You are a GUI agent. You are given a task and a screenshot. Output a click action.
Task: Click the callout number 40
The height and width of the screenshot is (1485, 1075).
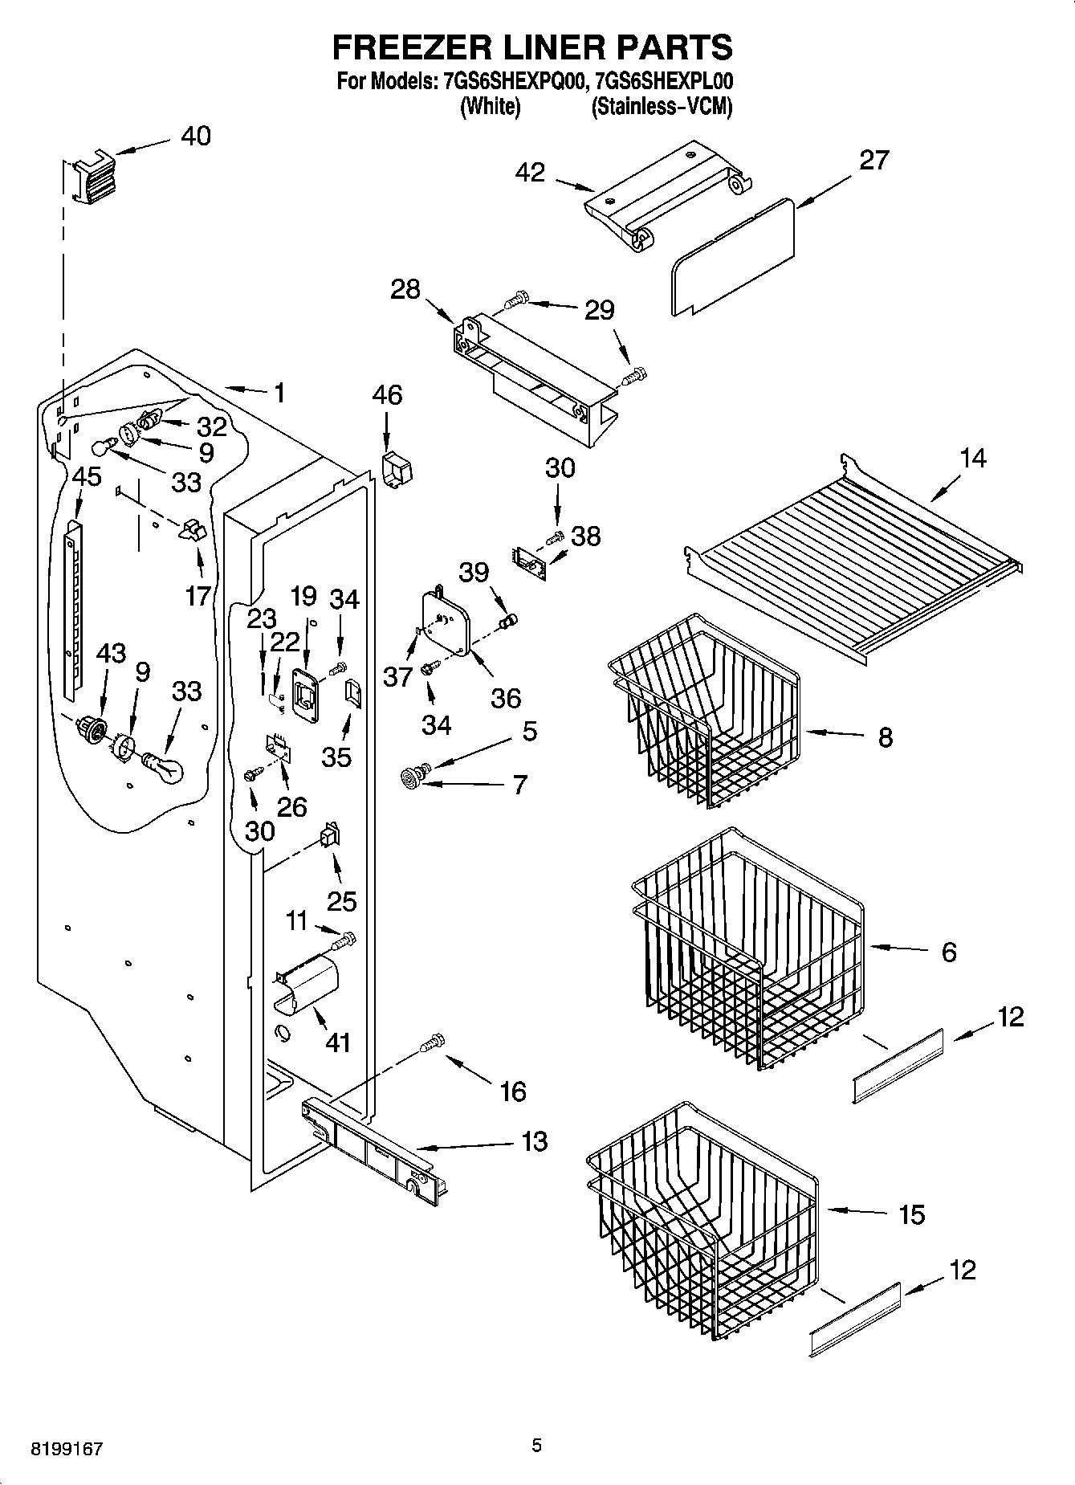pos(195,136)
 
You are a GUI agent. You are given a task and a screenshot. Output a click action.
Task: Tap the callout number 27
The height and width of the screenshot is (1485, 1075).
pos(873,160)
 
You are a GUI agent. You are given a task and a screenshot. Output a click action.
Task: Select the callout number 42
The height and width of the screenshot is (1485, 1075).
pos(530,172)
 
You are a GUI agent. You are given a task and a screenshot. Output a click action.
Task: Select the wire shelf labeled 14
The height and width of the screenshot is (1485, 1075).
pos(855,558)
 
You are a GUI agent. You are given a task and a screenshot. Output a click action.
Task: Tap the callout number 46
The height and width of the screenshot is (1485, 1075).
pos(387,394)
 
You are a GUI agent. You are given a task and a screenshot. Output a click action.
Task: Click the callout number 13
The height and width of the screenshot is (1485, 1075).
pos(533,1141)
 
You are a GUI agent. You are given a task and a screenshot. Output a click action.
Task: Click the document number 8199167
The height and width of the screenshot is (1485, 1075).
pos(66,1449)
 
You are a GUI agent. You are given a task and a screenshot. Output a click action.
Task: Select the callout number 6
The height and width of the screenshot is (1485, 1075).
pos(948,952)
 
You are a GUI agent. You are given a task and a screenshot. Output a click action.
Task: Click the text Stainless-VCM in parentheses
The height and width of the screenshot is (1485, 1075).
pos(662,106)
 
